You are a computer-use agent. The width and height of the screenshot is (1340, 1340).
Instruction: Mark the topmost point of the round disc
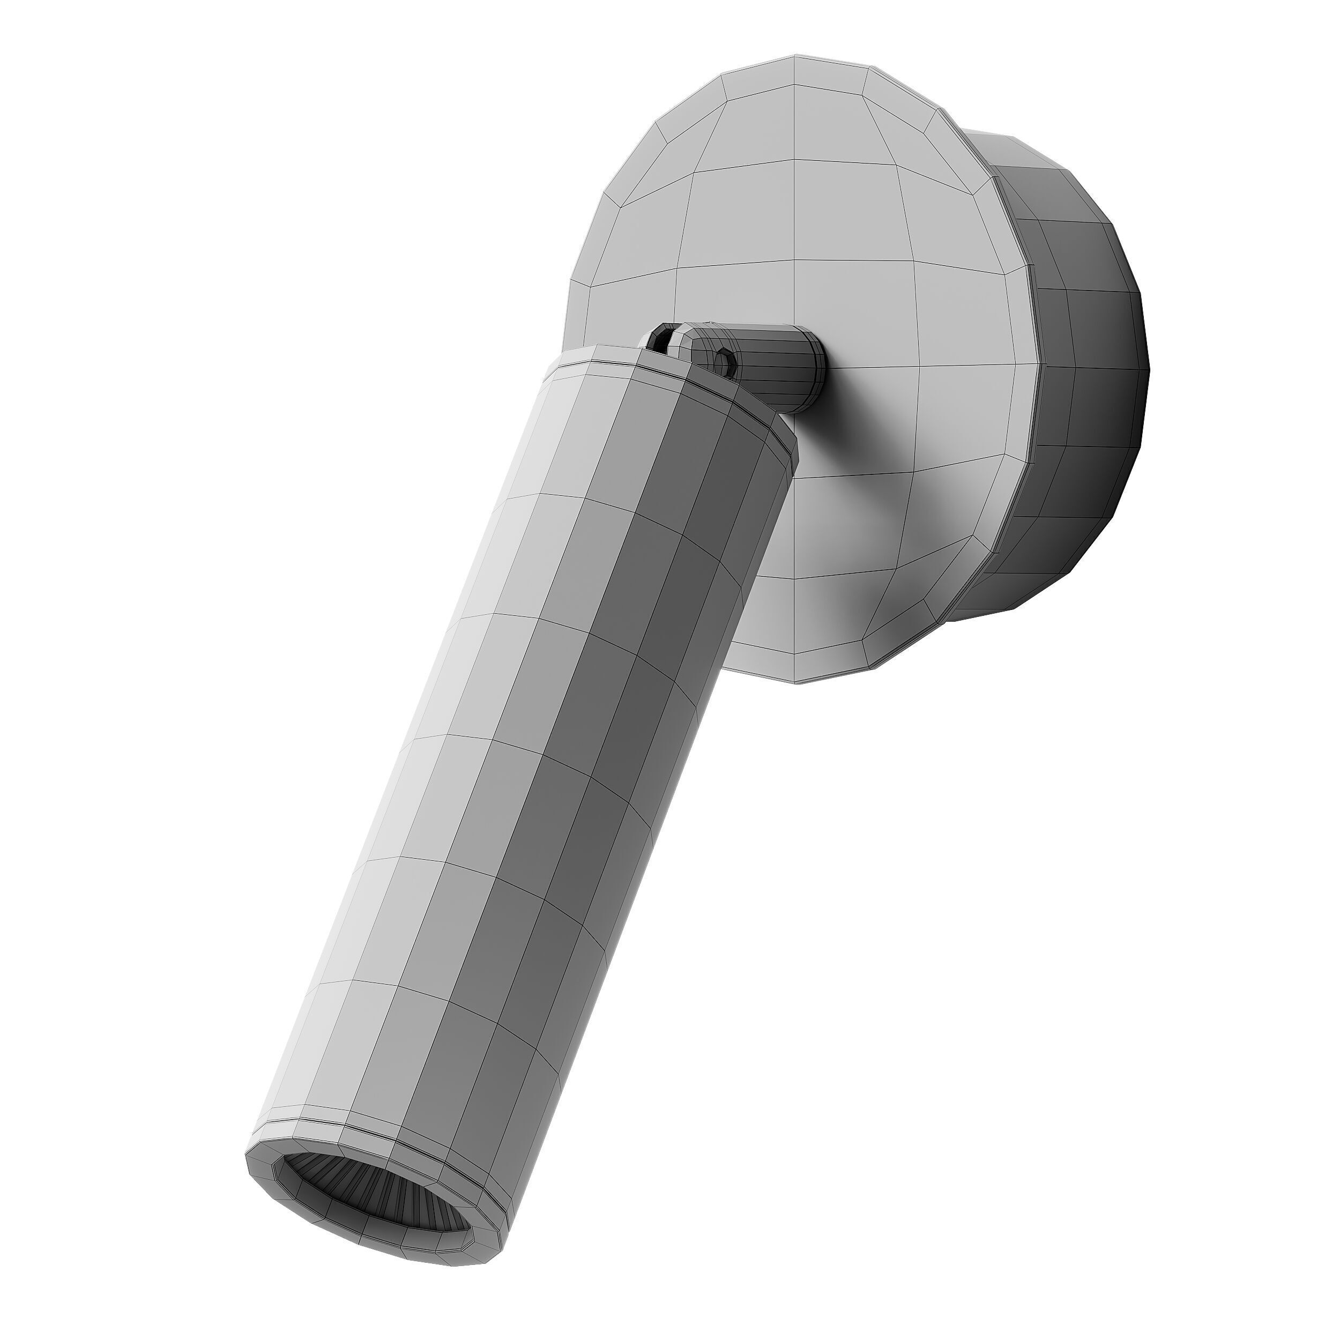(x=794, y=54)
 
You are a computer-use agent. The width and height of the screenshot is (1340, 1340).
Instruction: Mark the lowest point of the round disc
(x=795, y=683)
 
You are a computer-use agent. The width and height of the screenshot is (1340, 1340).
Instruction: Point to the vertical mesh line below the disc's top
(x=794, y=173)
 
